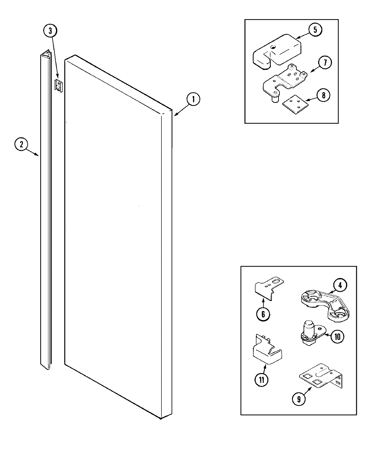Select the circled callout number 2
coord(21,145)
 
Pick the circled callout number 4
coord(340,285)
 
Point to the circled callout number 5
coord(315,30)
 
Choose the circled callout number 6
coord(263,314)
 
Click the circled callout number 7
coord(325,62)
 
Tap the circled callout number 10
coord(337,336)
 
